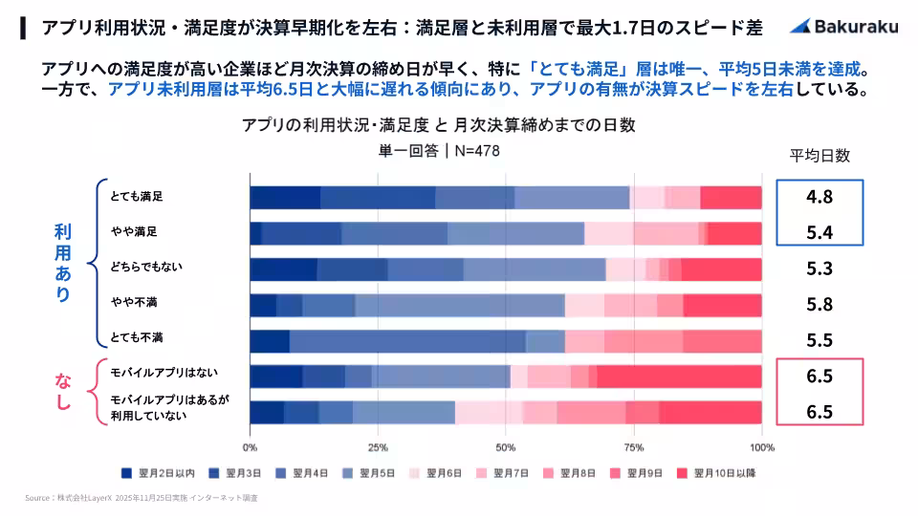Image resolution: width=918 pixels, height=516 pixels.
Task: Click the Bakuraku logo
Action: (843, 27)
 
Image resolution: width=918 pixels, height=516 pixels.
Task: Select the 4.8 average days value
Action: (820, 198)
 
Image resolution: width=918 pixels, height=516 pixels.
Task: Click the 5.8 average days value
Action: (820, 305)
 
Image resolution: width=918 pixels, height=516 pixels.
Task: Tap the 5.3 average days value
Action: (820, 269)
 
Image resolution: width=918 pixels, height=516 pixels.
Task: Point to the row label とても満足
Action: (136, 197)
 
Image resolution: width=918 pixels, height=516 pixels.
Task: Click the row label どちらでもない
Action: (142, 269)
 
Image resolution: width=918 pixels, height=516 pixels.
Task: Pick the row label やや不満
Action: (134, 304)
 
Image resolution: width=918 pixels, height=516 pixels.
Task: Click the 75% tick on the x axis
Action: (634, 446)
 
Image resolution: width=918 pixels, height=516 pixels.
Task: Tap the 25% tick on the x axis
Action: (378, 446)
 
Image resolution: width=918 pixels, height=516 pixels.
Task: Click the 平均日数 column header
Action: (820, 156)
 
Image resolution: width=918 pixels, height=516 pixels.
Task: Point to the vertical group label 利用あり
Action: (62, 263)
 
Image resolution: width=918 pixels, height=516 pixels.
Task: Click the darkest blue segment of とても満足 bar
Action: (285, 197)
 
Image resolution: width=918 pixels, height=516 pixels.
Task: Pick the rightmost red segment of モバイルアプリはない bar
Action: (679, 376)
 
